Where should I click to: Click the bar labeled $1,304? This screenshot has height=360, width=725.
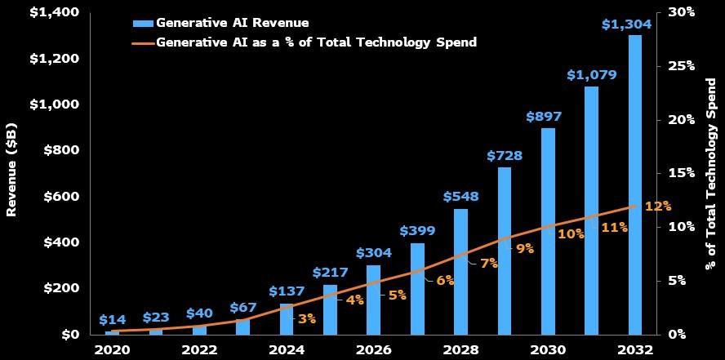point(635,184)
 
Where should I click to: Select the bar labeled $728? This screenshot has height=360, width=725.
point(505,251)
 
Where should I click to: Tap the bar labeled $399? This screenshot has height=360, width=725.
point(417,288)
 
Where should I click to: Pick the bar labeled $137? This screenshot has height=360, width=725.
point(287,318)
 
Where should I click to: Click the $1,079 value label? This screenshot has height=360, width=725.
point(591,75)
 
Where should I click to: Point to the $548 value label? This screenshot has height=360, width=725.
point(460,197)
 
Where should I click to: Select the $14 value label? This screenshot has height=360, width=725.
point(113,320)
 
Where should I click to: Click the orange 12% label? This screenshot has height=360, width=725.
point(657,206)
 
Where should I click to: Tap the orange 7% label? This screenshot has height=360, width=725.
point(489,263)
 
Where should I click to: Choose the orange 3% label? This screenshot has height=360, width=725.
point(307,318)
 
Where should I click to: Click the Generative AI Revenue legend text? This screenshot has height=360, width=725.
point(232,23)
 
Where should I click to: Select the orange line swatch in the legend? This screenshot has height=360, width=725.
point(142,42)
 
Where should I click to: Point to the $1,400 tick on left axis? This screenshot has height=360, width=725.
point(54,12)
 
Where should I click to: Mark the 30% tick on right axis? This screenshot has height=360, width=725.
point(681,12)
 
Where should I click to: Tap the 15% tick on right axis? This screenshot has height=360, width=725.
point(681,173)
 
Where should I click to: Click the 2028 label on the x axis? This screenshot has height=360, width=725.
point(460,349)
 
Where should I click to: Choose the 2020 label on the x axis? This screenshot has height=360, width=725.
point(113,349)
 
